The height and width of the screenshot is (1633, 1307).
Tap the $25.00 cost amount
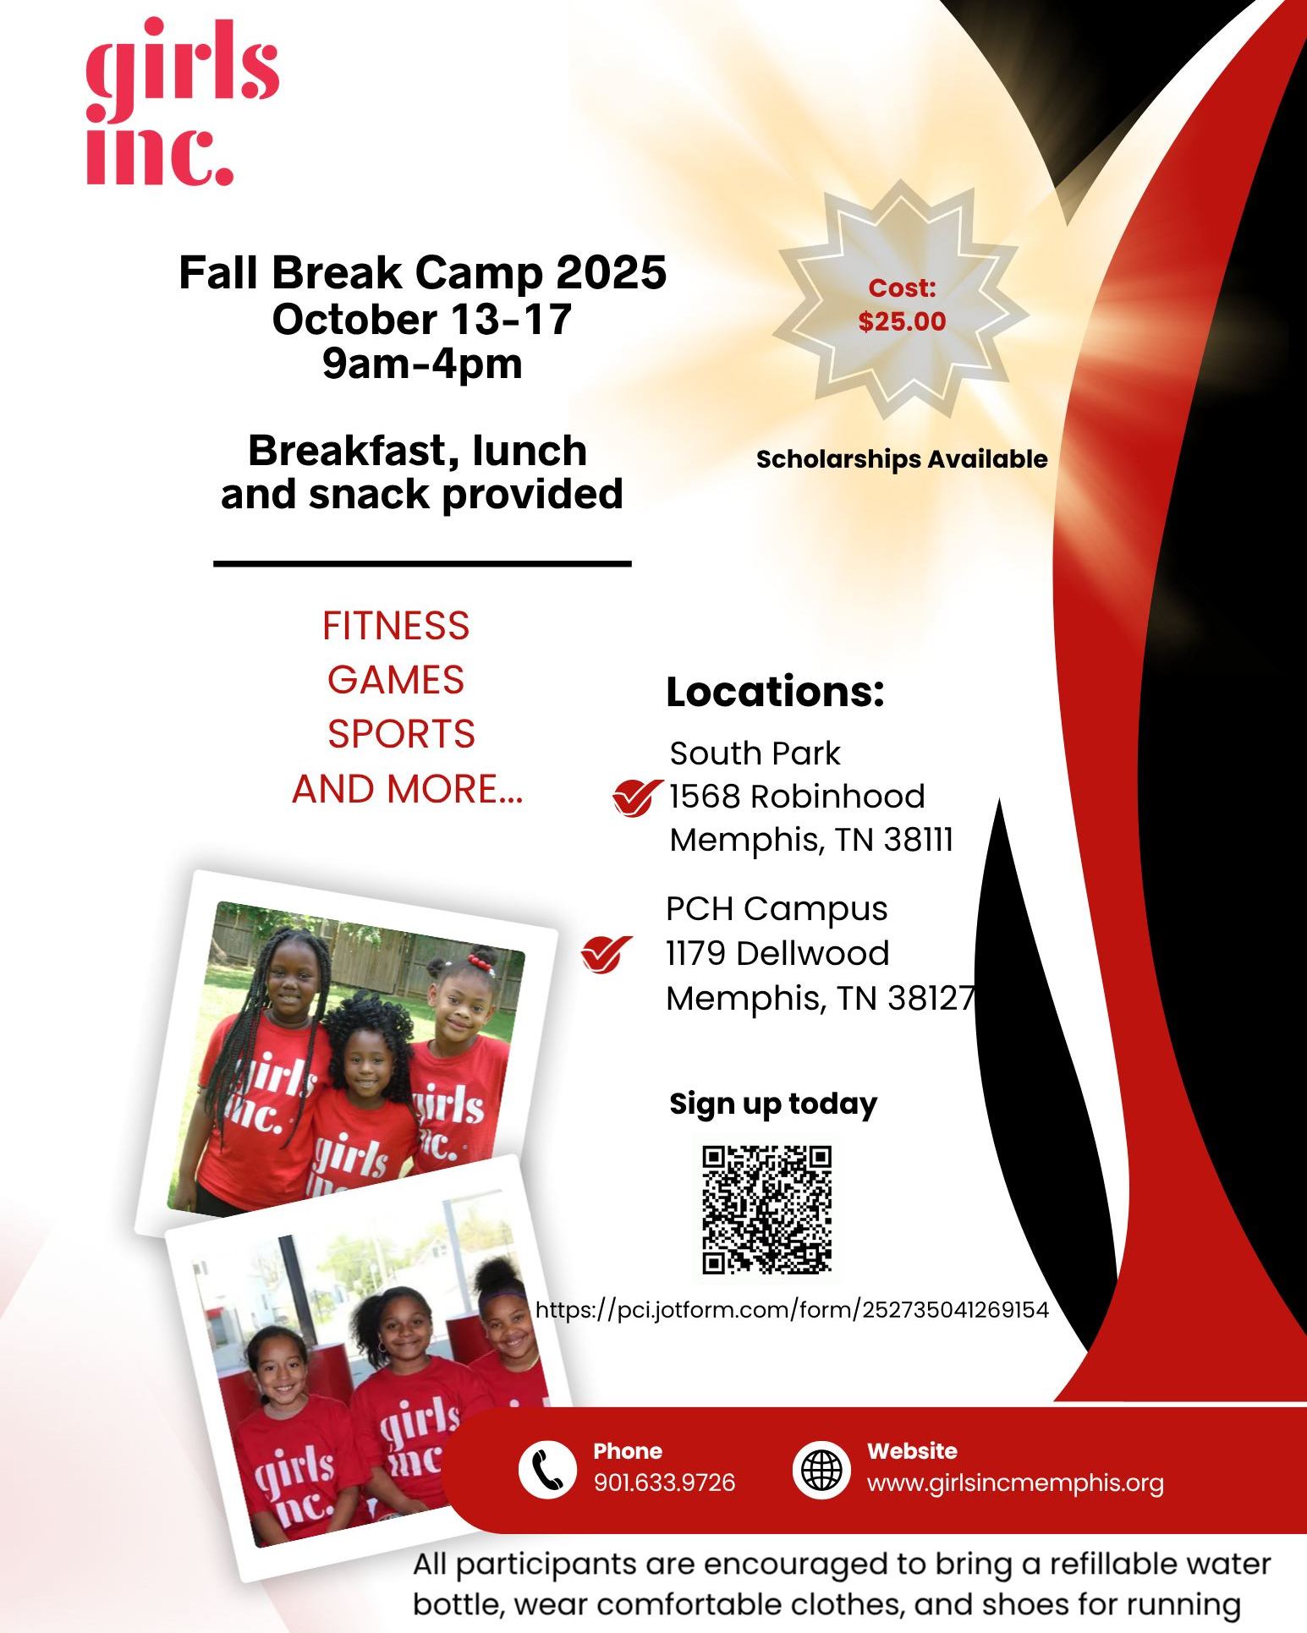902,321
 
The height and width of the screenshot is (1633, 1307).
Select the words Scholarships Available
902,459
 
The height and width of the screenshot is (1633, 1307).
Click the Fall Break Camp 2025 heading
423,272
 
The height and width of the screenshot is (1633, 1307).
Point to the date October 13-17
422,319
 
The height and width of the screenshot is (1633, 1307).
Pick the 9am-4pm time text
422,364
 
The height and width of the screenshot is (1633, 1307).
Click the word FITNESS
396,626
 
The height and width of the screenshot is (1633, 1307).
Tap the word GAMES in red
396,680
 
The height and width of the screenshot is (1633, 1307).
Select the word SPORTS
401,734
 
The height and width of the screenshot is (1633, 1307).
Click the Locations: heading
775,692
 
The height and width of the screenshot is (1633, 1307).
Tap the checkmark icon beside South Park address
637,797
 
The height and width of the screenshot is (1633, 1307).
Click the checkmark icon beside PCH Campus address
607,955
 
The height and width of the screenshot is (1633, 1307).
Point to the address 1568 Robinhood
797,797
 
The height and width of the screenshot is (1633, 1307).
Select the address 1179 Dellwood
777,954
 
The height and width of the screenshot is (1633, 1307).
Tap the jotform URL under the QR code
793,1310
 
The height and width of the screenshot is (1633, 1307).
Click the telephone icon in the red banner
546,1470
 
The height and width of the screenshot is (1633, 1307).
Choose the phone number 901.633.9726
664,1482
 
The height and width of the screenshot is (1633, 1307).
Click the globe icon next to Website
821,1470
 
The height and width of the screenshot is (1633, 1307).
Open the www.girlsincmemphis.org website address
1015,1483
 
